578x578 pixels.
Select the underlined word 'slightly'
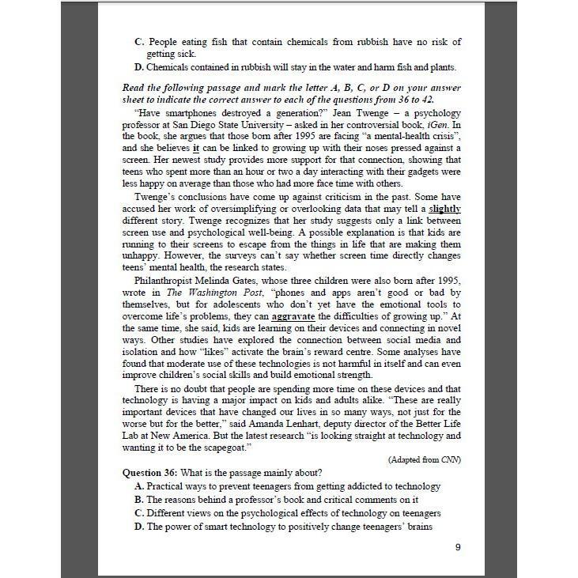[x=445, y=209]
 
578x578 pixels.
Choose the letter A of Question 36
[x=139, y=487]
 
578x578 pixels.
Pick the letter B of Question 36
[x=139, y=500]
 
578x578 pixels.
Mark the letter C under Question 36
[x=139, y=513]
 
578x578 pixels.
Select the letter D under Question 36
[x=139, y=526]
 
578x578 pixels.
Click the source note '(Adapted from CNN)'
[x=425, y=459]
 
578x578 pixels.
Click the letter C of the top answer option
[x=139, y=41]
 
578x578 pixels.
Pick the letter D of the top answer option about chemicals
[x=139, y=66]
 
